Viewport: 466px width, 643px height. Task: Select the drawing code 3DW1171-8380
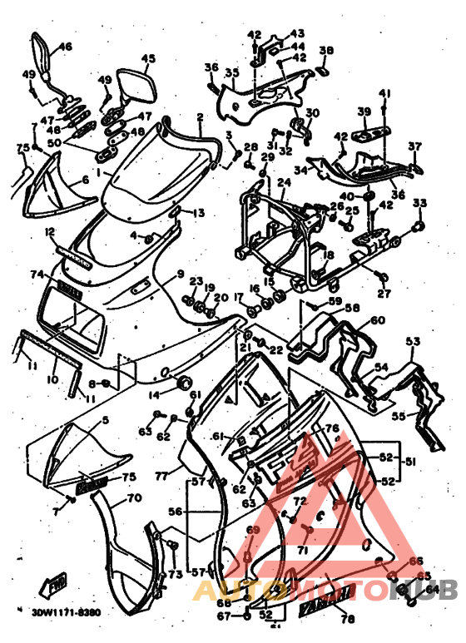[x=67, y=611]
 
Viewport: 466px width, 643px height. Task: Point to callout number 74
[x=37, y=274]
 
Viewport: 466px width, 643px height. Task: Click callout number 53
[x=413, y=341]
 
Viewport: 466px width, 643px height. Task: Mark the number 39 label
[x=364, y=111]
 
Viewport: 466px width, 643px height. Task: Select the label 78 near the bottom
[x=347, y=618]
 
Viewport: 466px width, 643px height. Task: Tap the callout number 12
[x=50, y=230]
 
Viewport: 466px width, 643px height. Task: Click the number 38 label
[x=325, y=51]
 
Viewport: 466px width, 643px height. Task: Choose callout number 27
[x=383, y=294]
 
